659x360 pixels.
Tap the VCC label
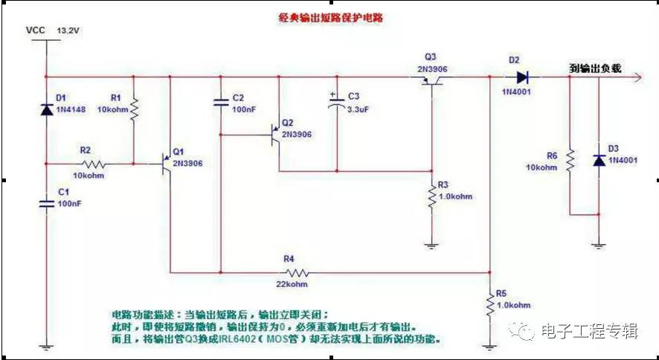pos(36,31)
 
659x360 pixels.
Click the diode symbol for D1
pos(46,109)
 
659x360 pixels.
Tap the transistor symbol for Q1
pos(165,164)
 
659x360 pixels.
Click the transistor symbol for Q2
pos(275,135)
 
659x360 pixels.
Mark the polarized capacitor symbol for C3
pos(336,105)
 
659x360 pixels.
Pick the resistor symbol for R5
pos(489,304)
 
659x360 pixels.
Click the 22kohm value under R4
pos(289,285)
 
